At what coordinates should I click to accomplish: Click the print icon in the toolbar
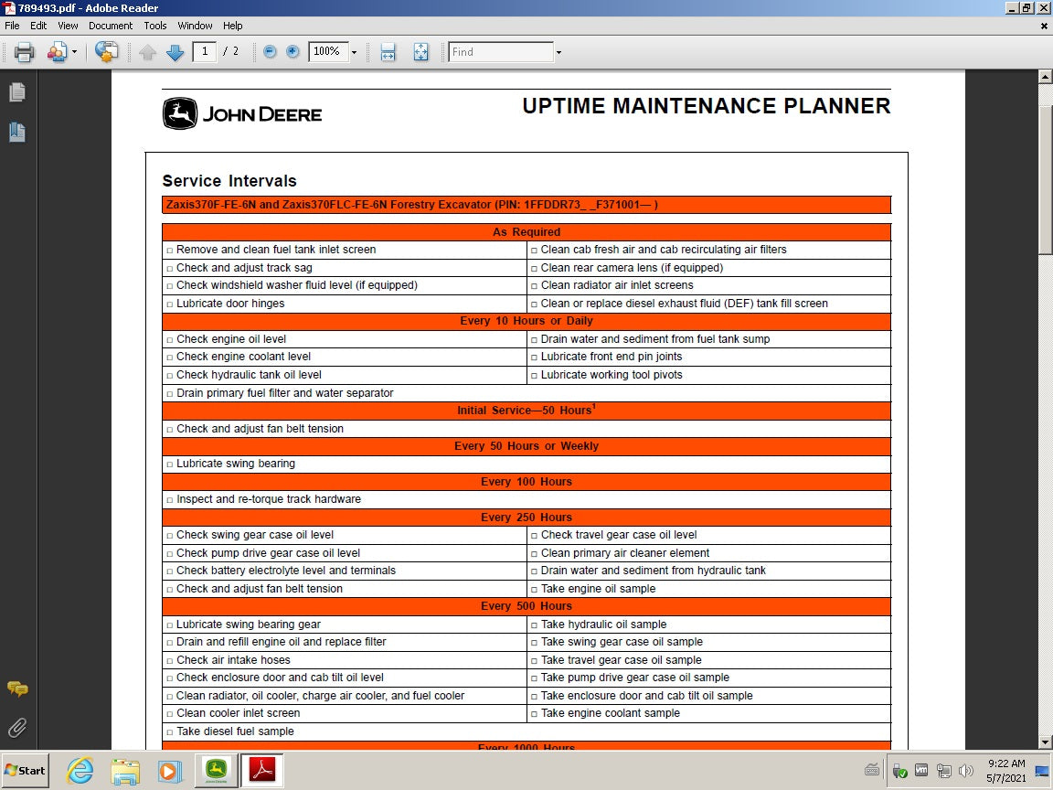tap(24, 52)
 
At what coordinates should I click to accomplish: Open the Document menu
tap(111, 26)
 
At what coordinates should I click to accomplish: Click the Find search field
tap(502, 52)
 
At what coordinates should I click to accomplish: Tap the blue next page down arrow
tap(175, 52)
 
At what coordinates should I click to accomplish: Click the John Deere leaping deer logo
tap(180, 114)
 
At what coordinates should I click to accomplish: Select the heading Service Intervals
tap(229, 181)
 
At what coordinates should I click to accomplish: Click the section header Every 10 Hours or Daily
tap(526, 321)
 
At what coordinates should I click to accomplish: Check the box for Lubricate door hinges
tap(170, 304)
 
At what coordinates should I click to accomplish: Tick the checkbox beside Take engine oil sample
tap(535, 590)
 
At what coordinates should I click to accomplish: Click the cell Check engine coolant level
tap(243, 357)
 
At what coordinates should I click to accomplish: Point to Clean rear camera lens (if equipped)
tap(632, 268)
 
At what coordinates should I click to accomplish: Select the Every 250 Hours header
tap(526, 518)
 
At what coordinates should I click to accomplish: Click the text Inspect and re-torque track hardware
tap(269, 499)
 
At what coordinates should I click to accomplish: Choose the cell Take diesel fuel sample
tap(235, 731)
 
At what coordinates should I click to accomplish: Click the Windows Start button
tap(25, 770)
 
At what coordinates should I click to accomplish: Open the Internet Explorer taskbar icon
tap(80, 770)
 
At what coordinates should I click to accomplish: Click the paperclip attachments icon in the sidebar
tap(16, 728)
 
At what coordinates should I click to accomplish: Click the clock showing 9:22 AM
tap(1006, 763)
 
